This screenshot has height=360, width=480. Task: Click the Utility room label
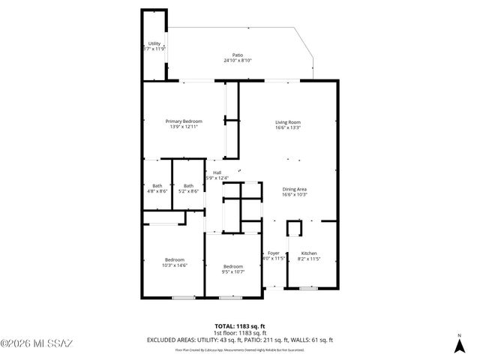click(x=154, y=43)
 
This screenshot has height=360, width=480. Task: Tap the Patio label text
click(x=238, y=55)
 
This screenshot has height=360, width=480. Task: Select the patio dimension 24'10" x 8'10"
click(x=238, y=61)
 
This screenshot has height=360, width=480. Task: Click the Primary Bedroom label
click(x=184, y=121)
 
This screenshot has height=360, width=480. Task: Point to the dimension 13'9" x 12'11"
click(x=184, y=127)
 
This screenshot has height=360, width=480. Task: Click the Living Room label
click(x=288, y=121)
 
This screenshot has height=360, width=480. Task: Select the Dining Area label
click(x=295, y=189)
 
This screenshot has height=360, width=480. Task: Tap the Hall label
click(x=217, y=172)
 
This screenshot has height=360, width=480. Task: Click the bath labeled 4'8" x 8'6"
click(x=157, y=186)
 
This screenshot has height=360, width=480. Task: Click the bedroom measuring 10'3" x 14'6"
click(x=175, y=259)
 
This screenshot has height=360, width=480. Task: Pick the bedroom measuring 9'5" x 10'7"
click(x=232, y=267)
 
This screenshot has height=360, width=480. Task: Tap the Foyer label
click(x=274, y=253)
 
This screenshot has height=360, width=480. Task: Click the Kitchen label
click(x=309, y=253)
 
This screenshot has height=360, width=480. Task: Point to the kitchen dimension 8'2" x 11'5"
click(x=309, y=259)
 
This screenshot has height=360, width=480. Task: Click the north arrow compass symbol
click(x=458, y=346)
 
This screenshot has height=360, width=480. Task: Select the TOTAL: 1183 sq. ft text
click(x=239, y=325)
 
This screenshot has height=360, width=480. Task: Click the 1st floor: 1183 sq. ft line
click(x=239, y=332)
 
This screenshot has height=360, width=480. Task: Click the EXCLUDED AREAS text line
click(x=239, y=340)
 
